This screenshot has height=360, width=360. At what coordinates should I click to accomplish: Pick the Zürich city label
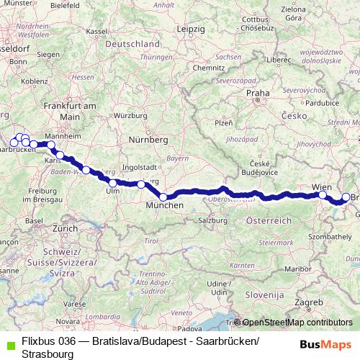click(64, 228)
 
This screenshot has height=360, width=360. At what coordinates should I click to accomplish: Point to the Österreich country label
click(268, 219)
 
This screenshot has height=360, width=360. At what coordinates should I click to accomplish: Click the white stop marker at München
click(163, 197)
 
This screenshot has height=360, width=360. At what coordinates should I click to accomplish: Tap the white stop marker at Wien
click(323, 194)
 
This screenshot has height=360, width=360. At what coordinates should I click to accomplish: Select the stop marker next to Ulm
click(112, 183)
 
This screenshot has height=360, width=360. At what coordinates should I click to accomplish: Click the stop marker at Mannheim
click(51, 145)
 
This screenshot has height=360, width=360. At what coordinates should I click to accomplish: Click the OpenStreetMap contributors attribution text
click(297, 323)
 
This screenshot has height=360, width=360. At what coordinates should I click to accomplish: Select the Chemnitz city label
click(209, 68)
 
